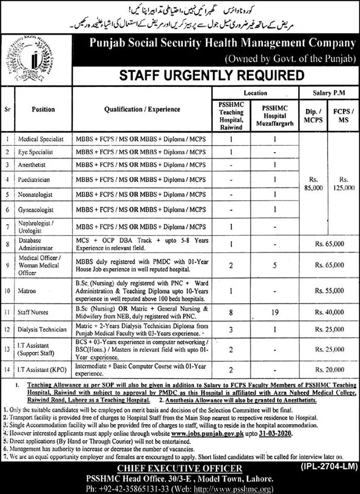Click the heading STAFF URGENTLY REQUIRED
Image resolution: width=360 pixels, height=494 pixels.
(211, 76)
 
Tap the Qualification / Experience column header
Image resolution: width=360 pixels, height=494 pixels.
(142, 110)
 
